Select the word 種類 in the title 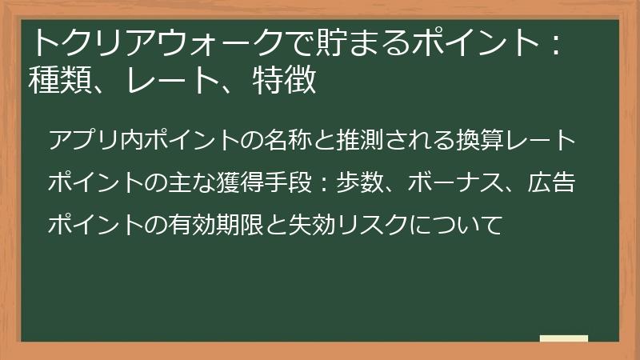click(60, 80)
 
